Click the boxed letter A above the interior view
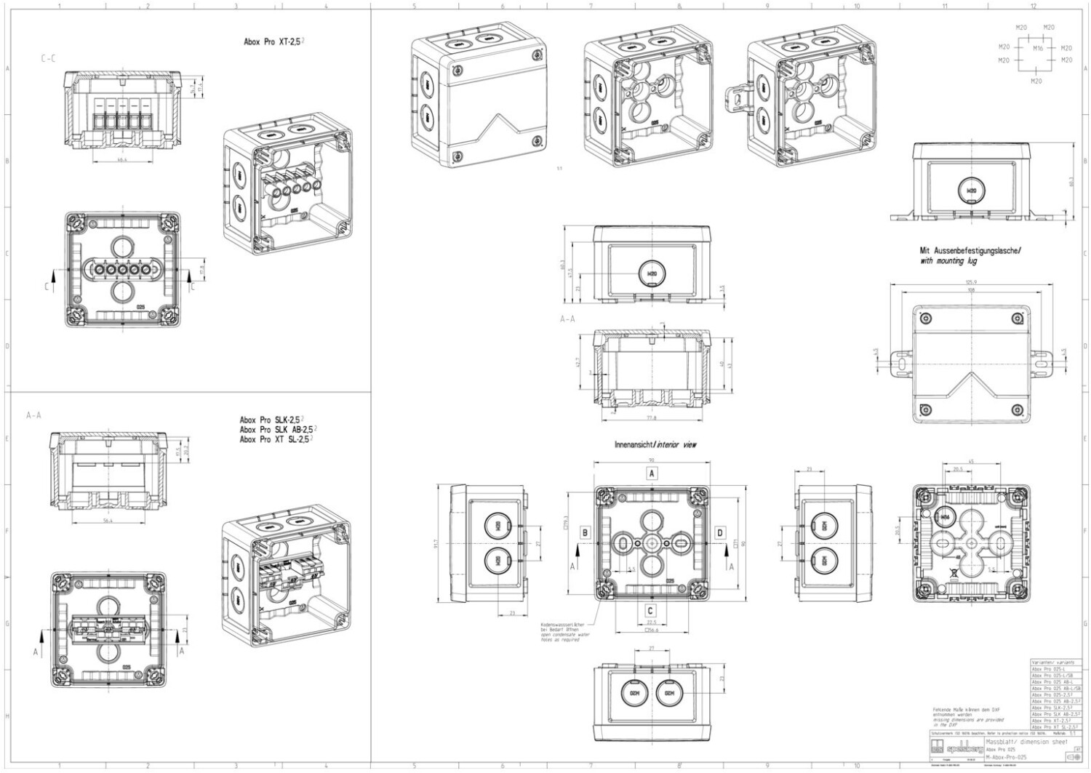pyautogui.click(x=652, y=473)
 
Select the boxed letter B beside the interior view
pyautogui.click(x=585, y=532)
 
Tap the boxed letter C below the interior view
pyautogui.click(x=651, y=612)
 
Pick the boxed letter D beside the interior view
pyautogui.click(x=720, y=532)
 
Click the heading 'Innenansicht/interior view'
pyautogui.click(x=655, y=444)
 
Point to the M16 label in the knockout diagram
pyautogui.click(x=1038, y=49)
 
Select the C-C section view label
pyautogui.click(x=48, y=58)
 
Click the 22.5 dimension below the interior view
pyautogui.click(x=651, y=622)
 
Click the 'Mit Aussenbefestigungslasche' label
pyautogui.click(x=970, y=250)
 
